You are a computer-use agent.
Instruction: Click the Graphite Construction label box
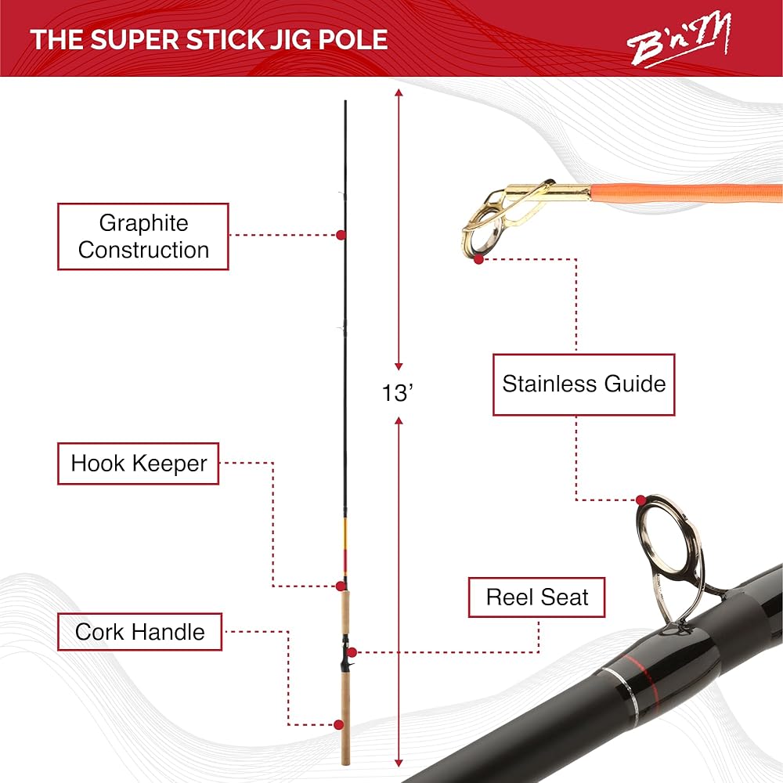pyautogui.click(x=143, y=236)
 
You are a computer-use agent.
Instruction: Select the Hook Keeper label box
pyautogui.click(x=139, y=463)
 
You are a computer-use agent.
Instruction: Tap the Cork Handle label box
pyautogui.click(x=139, y=632)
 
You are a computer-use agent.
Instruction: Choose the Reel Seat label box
pyautogui.click(x=537, y=597)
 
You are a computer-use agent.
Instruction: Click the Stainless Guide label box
pyautogui.click(x=583, y=384)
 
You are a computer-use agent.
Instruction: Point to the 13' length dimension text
pyautogui.click(x=398, y=393)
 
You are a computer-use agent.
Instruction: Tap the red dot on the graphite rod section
pyautogui.click(x=341, y=234)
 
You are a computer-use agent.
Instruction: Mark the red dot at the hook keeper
pyautogui.click(x=341, y=586)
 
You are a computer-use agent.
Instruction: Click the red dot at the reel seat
pyautogui.click(x=352, y=651)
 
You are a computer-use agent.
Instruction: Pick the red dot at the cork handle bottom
pyautogui.click(x=339, y=725)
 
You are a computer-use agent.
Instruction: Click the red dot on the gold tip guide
pyautogui.click(x=479, y=258)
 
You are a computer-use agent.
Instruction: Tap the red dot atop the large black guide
pyautogui.click(x=641, y=500)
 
